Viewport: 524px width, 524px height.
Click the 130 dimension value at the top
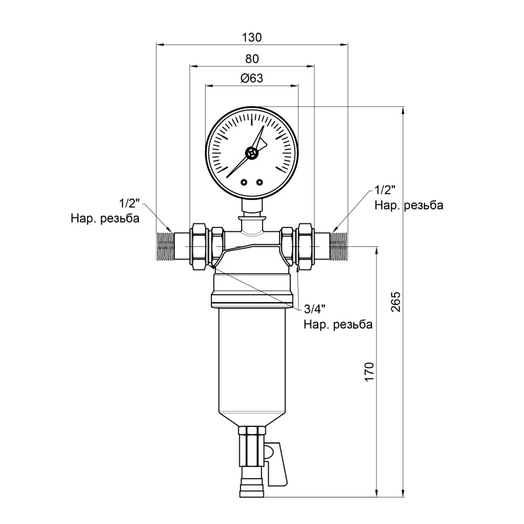(252, 36)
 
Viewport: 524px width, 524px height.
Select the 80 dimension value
(252, 58)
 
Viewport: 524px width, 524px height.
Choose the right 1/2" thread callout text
(385, 191)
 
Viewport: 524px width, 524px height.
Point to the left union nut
(200, 246)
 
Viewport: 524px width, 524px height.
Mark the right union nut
(303, 246)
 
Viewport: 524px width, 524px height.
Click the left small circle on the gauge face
(244, 183)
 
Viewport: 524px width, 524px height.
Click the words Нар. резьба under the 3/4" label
(337, 324)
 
